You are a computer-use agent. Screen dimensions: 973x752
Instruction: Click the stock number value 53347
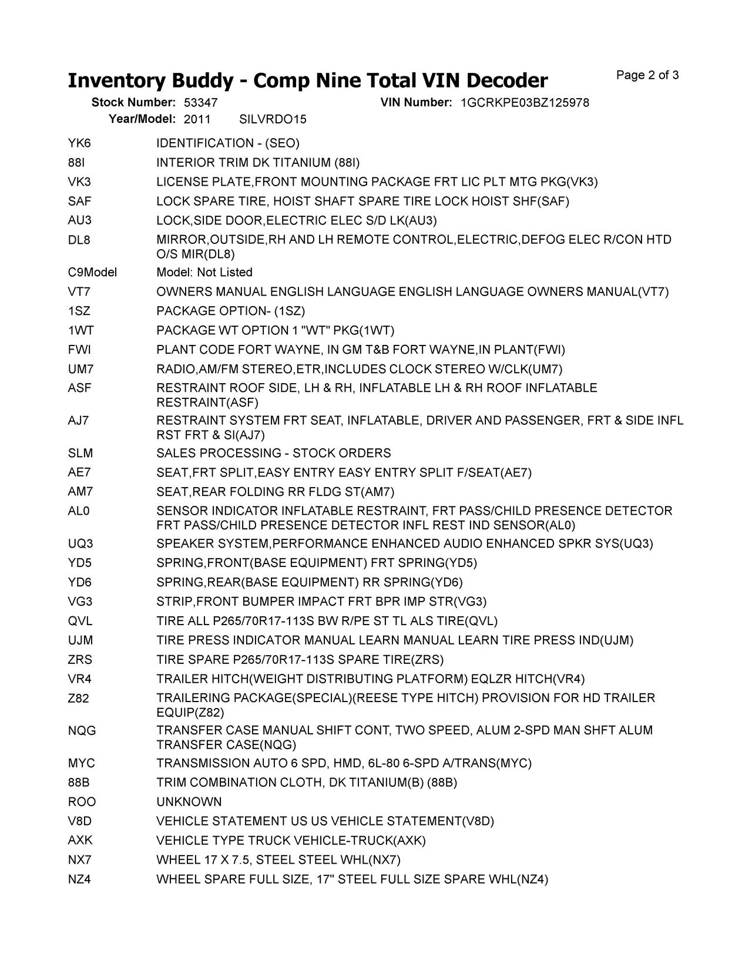click(196, 103)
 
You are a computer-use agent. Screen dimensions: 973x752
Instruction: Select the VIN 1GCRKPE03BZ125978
click(525, 103)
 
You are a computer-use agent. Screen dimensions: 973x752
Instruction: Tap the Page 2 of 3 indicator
click(647, 75)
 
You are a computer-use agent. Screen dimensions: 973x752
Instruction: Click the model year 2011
click(197, 119)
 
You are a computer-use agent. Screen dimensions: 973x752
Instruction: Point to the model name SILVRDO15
click(273, 119)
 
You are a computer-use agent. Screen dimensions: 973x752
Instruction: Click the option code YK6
click(79, 143)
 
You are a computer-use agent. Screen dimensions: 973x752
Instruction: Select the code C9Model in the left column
click(92, 273)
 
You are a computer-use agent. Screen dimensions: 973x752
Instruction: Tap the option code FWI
click(79, 350)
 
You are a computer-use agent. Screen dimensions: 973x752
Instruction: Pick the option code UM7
click(80, 370)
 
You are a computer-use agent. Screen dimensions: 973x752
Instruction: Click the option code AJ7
click(79, 421)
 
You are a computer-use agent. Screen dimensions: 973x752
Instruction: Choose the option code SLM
click(80, 454)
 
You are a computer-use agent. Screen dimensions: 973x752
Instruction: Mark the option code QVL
click(80, 621)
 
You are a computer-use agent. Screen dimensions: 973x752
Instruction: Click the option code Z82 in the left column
click(79, 699)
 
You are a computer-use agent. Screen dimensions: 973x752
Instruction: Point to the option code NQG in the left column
click(82, 731)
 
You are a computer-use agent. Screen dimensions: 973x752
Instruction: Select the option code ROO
click(82, 802)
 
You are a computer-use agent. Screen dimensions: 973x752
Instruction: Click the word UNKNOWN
click(189, 802)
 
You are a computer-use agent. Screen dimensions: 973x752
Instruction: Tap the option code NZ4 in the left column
click(79, 880)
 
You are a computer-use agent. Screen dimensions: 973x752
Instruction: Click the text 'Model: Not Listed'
click(204, 273)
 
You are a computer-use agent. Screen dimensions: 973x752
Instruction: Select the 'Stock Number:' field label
click(133, 103)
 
